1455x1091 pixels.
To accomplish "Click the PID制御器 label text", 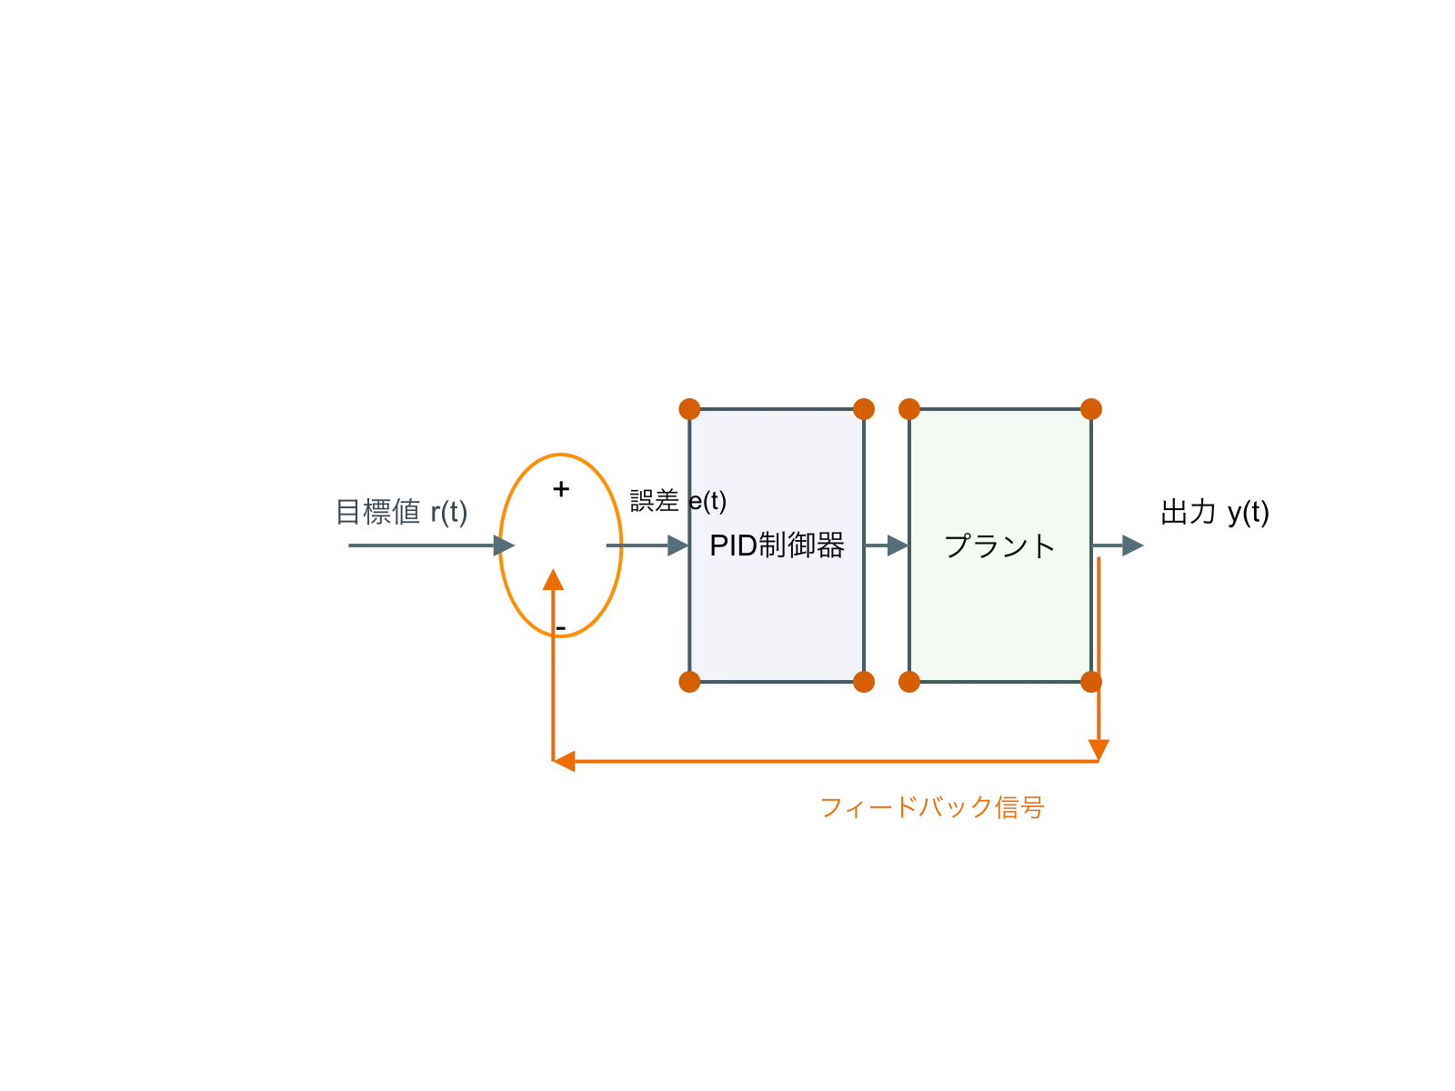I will point(777,545).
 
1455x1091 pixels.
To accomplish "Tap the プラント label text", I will point(999,545).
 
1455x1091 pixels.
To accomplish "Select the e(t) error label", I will point(707,501).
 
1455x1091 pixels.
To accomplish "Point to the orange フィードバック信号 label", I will point(933,807).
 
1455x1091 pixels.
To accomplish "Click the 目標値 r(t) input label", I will point(403,514).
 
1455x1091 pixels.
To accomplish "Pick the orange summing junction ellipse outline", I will point(621,545).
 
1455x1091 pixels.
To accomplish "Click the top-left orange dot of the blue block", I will point(689,409).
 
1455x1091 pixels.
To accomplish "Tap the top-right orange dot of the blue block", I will point(864,409).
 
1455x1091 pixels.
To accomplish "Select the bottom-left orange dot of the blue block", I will point(689,682).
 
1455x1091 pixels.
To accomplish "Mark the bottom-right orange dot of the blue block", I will point(864,682).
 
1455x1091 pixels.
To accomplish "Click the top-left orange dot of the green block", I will point(908,409).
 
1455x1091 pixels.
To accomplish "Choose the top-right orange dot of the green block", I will point(1091,409).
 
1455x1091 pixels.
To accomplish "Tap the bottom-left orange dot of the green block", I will point(908,682).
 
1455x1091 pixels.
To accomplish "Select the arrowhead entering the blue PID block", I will point(675,545).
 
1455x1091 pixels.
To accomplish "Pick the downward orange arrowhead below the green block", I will point(1099,748).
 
